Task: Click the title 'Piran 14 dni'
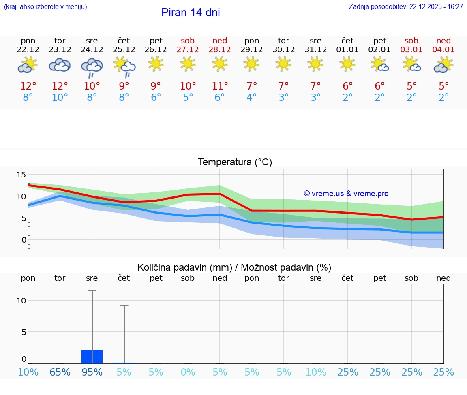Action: point(191,13)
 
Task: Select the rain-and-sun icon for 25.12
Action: point(124,66)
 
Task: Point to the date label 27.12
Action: point(188,50)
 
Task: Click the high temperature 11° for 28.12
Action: point(220,86)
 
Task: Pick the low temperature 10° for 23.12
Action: point(60,98)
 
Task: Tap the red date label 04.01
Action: point(443,50)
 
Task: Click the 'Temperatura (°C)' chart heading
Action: point(235,162)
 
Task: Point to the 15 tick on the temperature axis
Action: point(21,175)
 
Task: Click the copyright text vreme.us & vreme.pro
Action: point(346,194)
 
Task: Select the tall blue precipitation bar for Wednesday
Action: point(92,357)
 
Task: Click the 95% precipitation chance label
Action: point(92,372)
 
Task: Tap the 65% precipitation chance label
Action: point(60,372)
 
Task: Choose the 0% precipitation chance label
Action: point(188,372)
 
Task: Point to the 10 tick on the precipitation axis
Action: point(21,300)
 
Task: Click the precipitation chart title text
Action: point(234,267)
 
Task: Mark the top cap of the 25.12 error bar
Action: point(124,305)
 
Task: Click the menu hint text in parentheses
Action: point(45,7)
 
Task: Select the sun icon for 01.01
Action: point(347,64)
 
